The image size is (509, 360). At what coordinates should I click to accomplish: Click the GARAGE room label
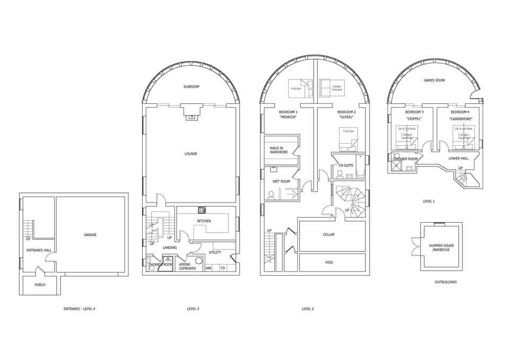[90, 234]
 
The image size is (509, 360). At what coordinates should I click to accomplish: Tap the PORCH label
[40, 285]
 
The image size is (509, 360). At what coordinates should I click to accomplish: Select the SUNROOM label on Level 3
[191, 86]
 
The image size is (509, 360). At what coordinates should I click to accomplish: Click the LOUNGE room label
[191, 154]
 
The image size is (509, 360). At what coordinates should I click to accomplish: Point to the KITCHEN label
[204, 221]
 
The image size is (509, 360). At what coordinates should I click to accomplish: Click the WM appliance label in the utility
[208, 268]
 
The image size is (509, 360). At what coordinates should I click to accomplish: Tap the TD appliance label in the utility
[223, 268]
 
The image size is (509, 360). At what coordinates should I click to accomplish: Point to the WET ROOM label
[281, 181]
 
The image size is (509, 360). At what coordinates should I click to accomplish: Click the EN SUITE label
[346, 165]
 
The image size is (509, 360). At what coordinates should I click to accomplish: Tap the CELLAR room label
[329, 234]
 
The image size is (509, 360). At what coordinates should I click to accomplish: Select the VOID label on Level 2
[329, 262]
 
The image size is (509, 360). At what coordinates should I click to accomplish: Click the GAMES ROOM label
[434, 81]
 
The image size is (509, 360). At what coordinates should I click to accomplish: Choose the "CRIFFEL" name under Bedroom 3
[414, 119]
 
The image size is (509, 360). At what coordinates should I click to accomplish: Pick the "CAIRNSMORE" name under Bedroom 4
[460, 119]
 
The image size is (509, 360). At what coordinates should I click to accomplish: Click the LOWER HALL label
[458, 158]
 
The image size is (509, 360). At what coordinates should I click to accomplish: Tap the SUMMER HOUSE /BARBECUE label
[440, 248]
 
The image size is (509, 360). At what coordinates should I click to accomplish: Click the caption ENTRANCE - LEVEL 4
[80, 309]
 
